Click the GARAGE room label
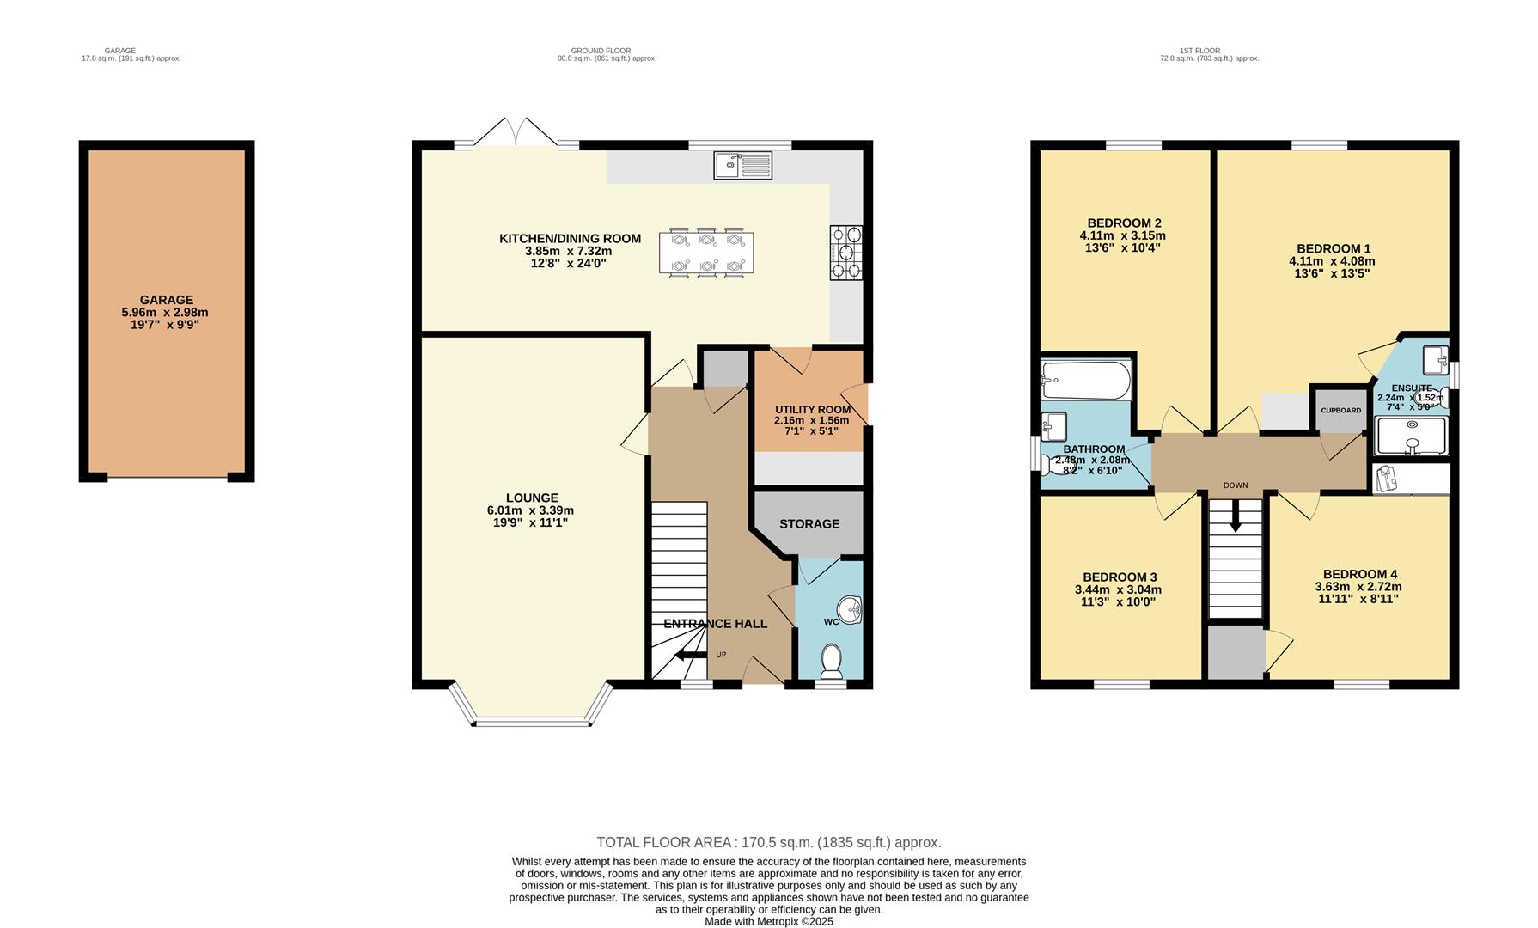click(x=167, y=301)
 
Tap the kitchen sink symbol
click(x=742, y=165)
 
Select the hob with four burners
click(x=845, y=253)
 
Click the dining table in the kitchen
click(x=706, y=253)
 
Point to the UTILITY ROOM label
click(x=811, y=409)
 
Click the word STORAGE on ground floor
click(x=809, y=524)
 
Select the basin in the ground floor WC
click(x=851, y=611)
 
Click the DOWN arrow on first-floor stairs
click(x=1236, y=517)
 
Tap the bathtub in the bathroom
click(x=1085, y=380)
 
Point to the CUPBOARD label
click(x=1340, y=411)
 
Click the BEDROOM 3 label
click(x=1120, y=577)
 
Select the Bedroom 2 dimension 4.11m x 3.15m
click(x=1122, y=235)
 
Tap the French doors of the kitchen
click(x=516, y=137)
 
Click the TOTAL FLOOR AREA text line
click(x=768, y=842)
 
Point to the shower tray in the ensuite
click(x=1411, y=437)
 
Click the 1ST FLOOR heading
click(x=1208, y=51)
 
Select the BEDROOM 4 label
click(x=1359, y=574)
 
